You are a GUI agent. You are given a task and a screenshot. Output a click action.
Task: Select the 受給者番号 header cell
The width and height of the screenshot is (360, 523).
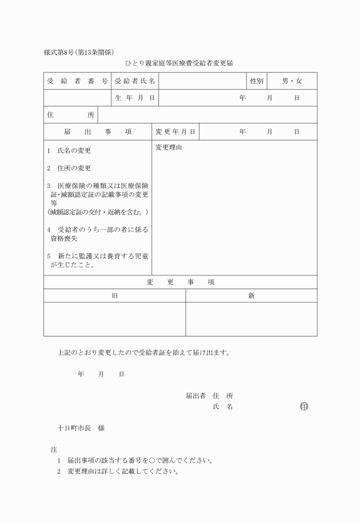pos(77,81)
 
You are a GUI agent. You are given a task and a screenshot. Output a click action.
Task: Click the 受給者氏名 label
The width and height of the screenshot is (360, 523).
pos(135,81)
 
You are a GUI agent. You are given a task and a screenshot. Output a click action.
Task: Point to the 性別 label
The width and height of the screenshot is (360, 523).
pos(256,81)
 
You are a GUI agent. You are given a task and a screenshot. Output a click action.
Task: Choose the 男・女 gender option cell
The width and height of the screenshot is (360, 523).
pos(291,81)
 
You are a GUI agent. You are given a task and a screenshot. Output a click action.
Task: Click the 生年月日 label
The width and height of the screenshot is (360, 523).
pos(135,98)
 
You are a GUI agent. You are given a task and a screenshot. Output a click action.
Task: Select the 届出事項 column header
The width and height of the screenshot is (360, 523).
pos(98,132)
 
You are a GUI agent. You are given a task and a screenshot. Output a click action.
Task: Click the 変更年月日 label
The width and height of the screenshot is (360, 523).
pos(175,132)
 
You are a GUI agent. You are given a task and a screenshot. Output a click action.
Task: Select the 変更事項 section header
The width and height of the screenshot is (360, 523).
pos(181,282)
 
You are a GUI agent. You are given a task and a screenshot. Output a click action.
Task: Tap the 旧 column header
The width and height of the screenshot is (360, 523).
pos(115,296)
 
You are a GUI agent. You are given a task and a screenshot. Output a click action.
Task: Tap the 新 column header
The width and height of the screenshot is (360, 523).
pos(251,296)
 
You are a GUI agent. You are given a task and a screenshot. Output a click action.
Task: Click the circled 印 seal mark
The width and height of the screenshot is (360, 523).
pos(304,407)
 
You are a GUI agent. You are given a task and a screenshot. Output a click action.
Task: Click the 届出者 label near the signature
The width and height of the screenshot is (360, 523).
pos(195,396)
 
